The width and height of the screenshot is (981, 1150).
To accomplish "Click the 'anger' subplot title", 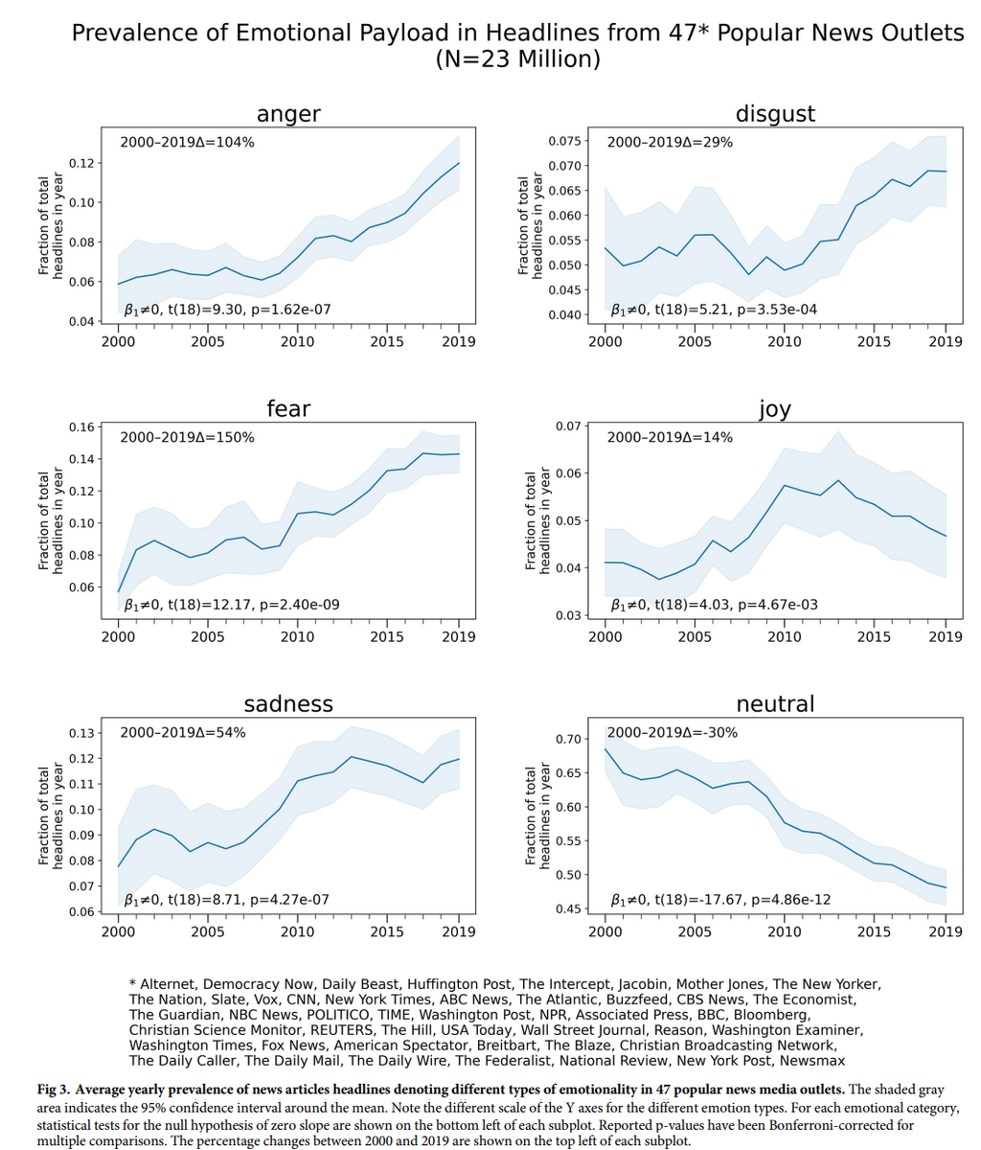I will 288,115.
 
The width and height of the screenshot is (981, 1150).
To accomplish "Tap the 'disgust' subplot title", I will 775,114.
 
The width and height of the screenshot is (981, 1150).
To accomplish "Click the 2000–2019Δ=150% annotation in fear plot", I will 187,438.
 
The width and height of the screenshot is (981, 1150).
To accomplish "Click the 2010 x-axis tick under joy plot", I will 785,636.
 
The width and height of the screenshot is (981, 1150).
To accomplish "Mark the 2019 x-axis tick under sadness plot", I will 459,931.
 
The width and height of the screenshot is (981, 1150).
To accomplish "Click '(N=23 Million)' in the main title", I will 518,60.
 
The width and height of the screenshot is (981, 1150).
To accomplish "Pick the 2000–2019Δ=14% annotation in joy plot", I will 670,438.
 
